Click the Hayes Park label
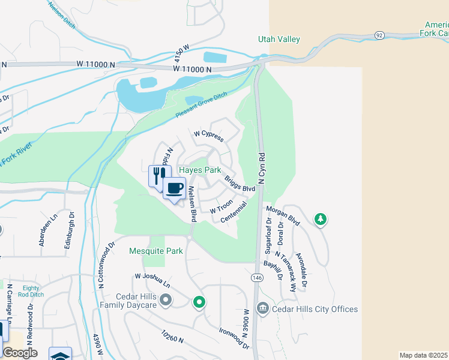pyautogui.click(x=205, y=170)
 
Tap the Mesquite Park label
pyautogui.click(x=156, y=251)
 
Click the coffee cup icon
pyautogui.click(x=175, y=188)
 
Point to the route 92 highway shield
pyautogui.click(x=379, y=35)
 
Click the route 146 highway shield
pyautogui.click(x=257, y=278)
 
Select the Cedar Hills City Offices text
pyautogui.click(x=315, y=310)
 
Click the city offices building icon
pyautogui.click(x=262, y=309)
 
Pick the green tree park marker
pyautogui.click(x=321, y=220)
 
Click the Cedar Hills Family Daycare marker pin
pyautogui.click(x=166, y=299)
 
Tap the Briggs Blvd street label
pyautogui.click(x=240, y=184)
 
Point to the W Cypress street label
pyautogui.click(x=208, y=136)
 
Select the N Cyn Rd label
pyautogui.click(x=261, y=169)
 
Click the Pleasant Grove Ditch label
pyautogui.click(x=202, y=108)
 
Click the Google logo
pyautogui.click(x=20, y=353)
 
